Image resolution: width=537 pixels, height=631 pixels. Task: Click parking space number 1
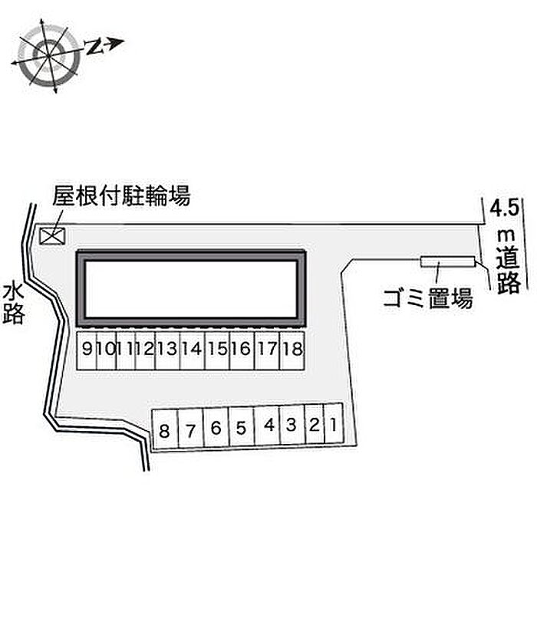tap(334, 423)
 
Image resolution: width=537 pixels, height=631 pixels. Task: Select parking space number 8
tap(164, 429)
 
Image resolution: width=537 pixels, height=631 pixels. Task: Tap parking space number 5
tap(242, 426)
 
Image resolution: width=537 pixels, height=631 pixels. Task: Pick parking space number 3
tap(292, 424)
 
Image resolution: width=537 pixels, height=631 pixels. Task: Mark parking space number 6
tap(216, 428)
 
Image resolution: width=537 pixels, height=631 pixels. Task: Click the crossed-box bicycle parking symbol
tap(52, 236)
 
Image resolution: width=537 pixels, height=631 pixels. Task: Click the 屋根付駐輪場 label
tap(121, 196)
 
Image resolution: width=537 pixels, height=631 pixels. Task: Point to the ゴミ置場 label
tap(427, 298)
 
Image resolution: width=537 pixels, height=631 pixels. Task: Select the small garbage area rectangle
tap(448, 261)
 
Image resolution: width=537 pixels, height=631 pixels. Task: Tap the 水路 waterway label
tap(13, 304)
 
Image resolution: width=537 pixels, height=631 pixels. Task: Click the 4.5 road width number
tap(504, 209)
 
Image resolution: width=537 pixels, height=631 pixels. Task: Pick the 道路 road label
tap(509, 271)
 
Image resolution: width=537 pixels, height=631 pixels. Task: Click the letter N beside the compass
tap(94, 47)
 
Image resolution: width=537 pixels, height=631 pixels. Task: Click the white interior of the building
tap(191, 288)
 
